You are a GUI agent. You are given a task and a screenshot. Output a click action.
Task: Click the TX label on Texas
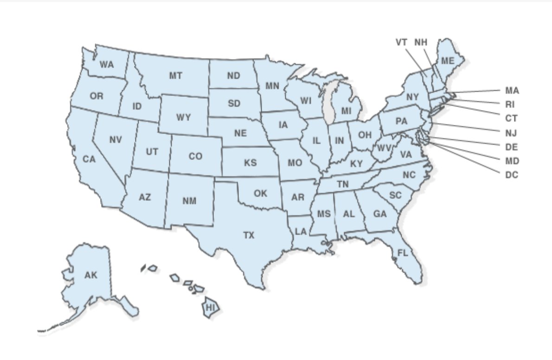click(x=249, y=236)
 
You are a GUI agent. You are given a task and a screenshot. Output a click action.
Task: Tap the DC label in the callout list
click(x=512, y=175)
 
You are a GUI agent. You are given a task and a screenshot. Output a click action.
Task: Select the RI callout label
click(x=510, y=104)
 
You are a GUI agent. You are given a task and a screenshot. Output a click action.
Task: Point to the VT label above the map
click(x=402, y=42)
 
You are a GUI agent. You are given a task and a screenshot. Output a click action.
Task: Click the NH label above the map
click(x=421, y=42)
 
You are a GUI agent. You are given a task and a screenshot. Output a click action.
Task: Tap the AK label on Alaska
click(x=91, y=276)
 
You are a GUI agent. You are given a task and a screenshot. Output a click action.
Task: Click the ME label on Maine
click(x=447, y=61)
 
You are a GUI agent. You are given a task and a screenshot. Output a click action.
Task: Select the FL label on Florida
click(x=402, y=253)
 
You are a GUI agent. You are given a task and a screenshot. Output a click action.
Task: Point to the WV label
click(x=383, y=148)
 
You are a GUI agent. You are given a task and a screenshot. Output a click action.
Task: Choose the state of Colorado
click(x=196, y=156)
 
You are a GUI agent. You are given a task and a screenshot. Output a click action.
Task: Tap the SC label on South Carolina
click(x=395, y=196)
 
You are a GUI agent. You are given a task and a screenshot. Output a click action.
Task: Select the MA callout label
click(x=512, y=90)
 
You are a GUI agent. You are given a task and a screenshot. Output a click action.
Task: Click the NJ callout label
click(x=511, y=133)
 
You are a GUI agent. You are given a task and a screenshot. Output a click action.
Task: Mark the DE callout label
click(x=512, y=147)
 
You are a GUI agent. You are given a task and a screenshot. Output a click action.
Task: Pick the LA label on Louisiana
click(x=301, y=231)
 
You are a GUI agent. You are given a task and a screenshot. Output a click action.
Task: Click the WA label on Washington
click(x=107, y=64)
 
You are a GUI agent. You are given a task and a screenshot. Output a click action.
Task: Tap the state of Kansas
click(x=250, y=163)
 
